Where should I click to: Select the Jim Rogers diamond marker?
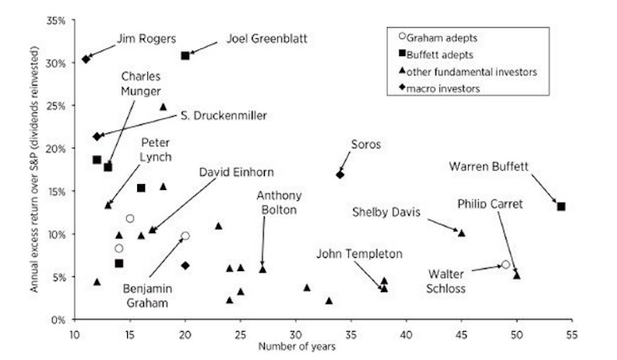pyautogui.click(x=86, y=59)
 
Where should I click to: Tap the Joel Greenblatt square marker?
pyautogui.click(x=185, y=55)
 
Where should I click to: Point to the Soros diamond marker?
pyautogui.click(x=340, y=175)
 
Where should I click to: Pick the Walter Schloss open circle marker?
pyautogui.click(x=506, y=265)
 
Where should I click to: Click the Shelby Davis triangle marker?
pyautogui.click(x=461, y=233)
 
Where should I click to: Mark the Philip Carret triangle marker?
pyautogui.click(x=517, y=275)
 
